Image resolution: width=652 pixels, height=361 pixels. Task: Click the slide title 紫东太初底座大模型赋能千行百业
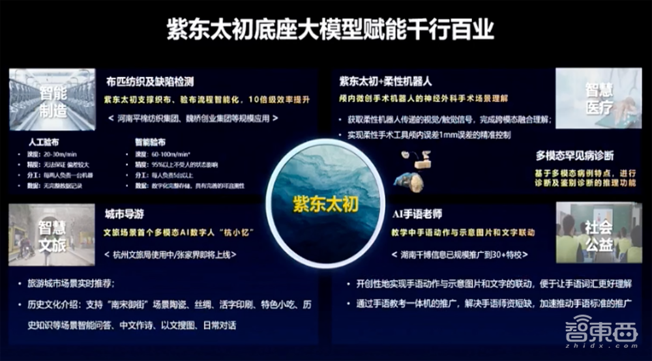pos(325,30)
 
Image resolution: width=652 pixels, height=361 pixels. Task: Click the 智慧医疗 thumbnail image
pos(599,98)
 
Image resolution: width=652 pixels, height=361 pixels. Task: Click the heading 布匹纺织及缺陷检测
pos(150,82)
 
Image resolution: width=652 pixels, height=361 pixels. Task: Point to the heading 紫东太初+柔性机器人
pos(384,82)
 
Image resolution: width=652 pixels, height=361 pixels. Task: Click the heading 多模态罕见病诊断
pos(574,156)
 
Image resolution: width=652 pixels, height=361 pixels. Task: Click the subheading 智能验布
pos(150,141)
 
